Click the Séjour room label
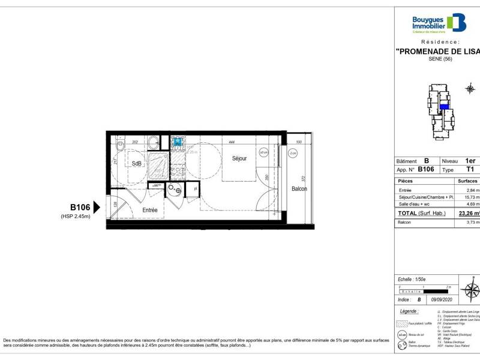pos(240,158)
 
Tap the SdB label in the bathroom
pos(136,164)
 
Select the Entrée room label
pos(150,210)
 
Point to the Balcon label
pos(299,189)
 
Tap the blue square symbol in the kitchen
pos(178,142)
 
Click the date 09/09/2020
pos(443,299)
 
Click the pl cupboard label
pos(195,190)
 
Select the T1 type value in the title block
pos(470,170)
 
